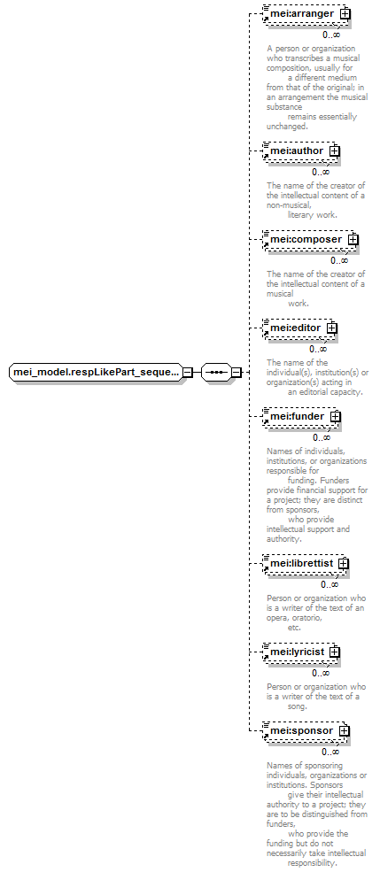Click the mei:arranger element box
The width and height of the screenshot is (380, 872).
(306, 13)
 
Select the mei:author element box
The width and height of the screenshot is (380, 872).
(301, 150)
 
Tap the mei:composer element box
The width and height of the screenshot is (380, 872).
(310, 239)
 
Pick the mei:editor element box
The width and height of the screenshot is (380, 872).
(300, 328)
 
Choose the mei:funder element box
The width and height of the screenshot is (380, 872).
(301, 416)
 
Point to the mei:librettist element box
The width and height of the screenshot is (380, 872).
(306, 563)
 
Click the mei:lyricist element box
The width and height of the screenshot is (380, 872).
(301, 652)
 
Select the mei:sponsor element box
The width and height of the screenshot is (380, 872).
(306, 730)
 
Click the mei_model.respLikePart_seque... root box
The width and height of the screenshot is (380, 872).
(97, 372)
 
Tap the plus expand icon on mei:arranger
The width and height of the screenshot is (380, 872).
(345, 13)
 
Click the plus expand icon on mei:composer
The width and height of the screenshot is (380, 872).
(353, 239)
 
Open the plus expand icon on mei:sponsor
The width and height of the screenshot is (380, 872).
(344, 730)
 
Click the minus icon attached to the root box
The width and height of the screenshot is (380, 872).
(188, 372)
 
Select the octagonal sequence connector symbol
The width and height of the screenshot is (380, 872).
(216, 372)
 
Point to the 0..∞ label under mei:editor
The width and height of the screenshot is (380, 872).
(318, 350)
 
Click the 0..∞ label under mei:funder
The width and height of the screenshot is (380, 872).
(322, 437)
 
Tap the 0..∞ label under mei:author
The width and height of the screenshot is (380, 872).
(321, 173)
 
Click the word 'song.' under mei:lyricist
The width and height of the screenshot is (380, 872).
(297, 706)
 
